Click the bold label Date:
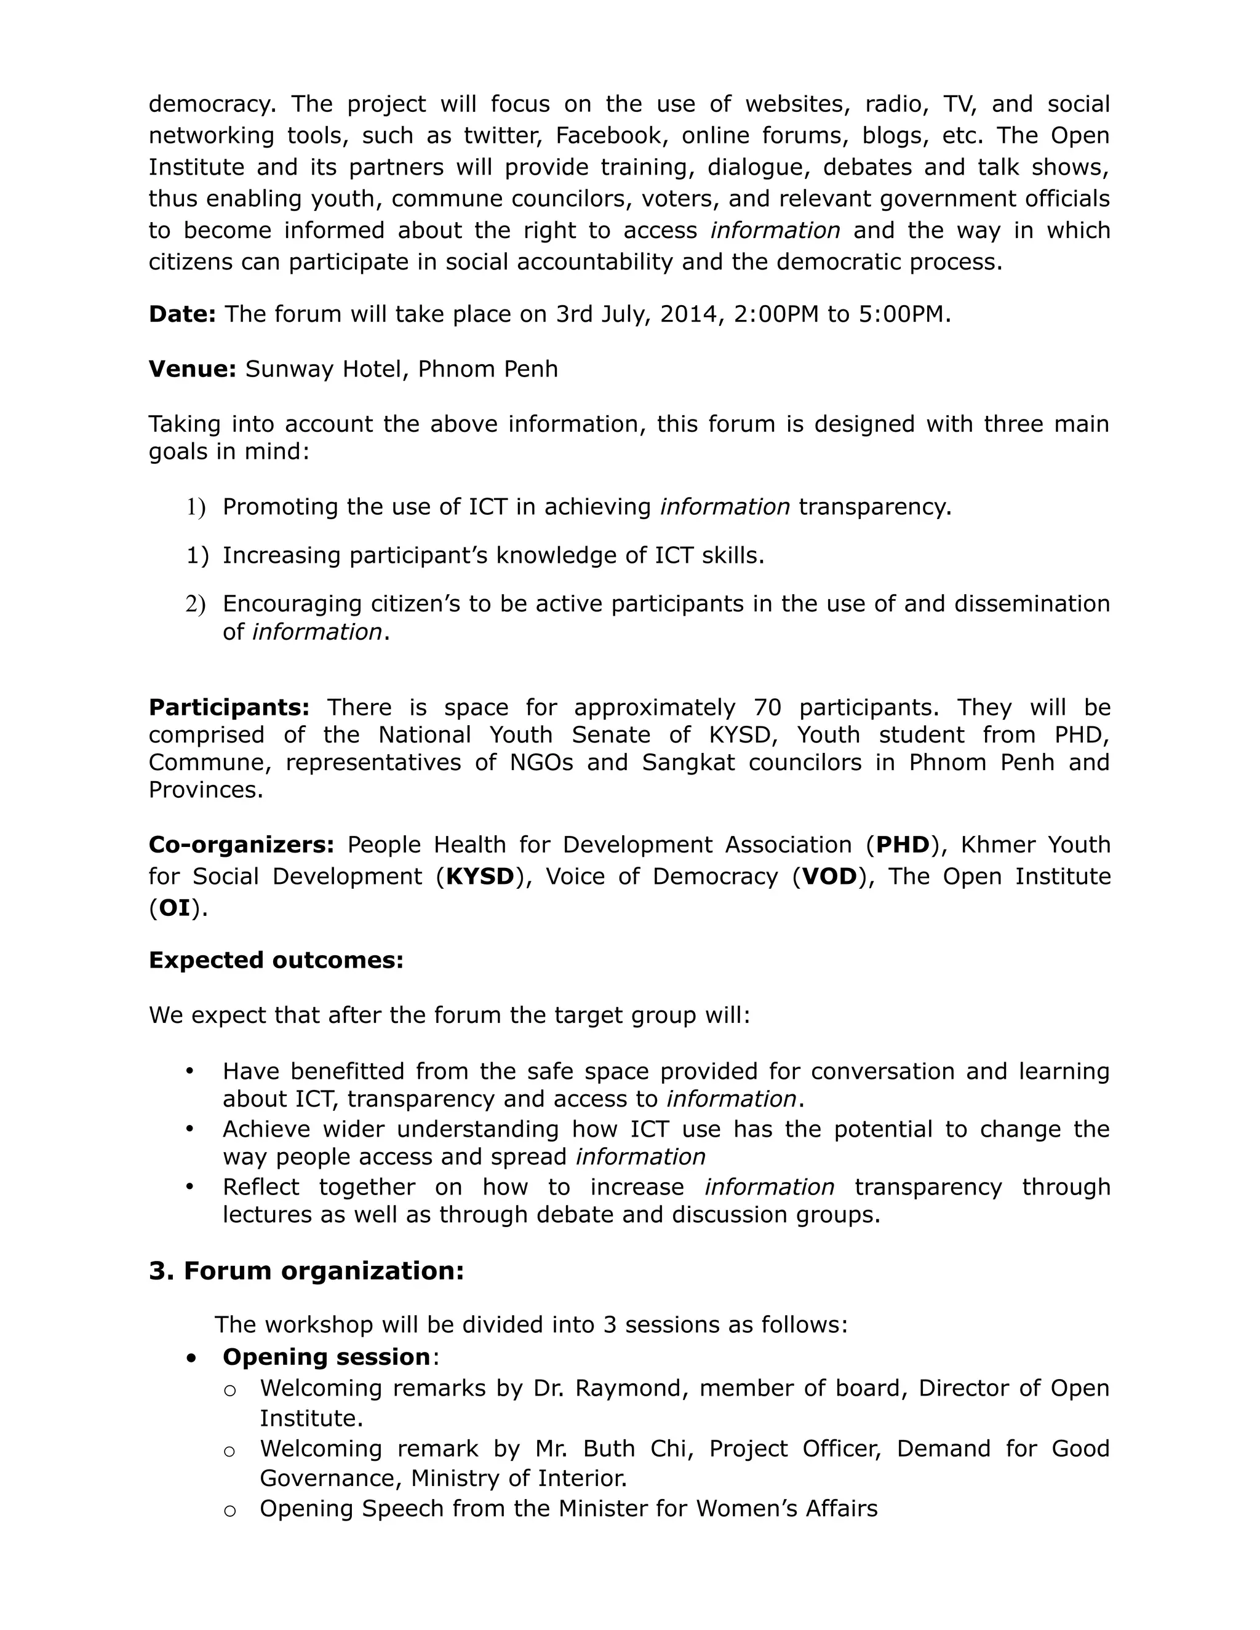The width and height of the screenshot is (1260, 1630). [x=182, y=314]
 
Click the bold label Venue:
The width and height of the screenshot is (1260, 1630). [x=192, y=368]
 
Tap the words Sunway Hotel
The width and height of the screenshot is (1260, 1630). [x=322, y=368]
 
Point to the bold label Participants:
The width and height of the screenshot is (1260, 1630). [x=228, y=707]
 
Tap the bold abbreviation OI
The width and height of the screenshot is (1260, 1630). [x=175, y=908]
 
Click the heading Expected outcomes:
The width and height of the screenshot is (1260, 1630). [x=276, y=960]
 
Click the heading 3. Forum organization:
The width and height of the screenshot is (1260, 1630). [x=306, y=1271]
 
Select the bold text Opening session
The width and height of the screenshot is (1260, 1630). [x=326, y=1357]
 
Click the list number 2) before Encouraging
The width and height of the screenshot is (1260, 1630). [x=196, y=604]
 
